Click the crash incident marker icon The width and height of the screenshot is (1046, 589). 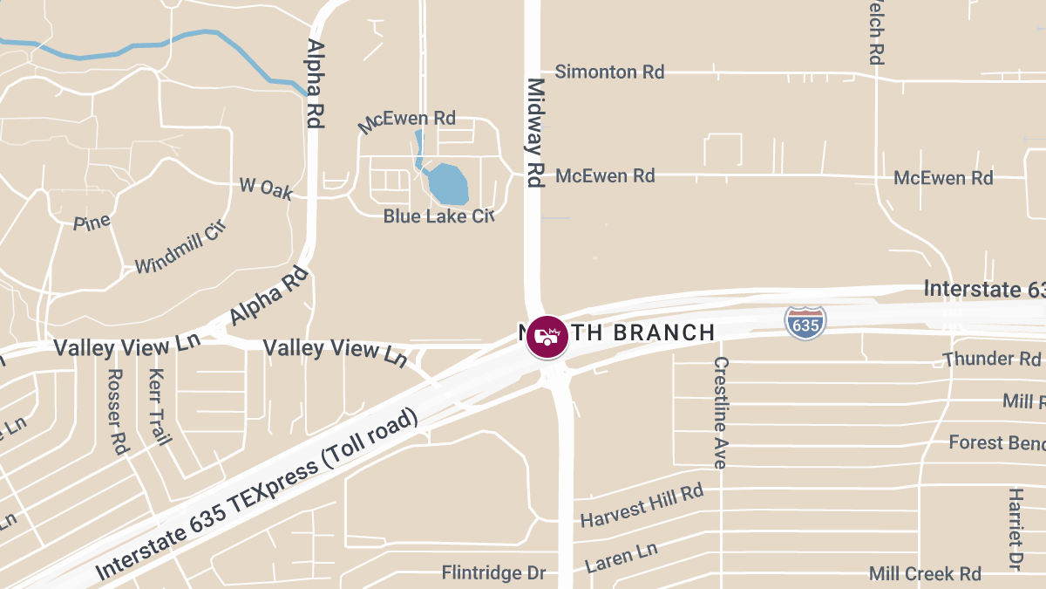[547, 337]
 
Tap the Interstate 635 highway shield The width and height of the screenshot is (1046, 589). [805, 322]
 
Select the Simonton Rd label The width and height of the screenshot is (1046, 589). [609, 72]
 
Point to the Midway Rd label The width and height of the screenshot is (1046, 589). [535, 133]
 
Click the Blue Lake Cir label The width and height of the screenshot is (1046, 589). [438, 216]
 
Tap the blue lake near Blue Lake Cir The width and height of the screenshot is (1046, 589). [447, 182]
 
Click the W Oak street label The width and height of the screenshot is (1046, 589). [266, 188]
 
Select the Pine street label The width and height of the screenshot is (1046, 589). [92, 223]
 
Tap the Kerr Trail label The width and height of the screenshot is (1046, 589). [158, 407]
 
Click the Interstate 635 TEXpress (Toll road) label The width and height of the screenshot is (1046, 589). [257, 495]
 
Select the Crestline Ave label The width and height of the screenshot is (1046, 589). [720, 412]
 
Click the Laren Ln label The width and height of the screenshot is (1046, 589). [621, 557]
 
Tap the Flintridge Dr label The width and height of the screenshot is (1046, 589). [493, 573]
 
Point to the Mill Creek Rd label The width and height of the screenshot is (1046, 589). [925, 573]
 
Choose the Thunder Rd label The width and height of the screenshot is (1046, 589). [992, 359]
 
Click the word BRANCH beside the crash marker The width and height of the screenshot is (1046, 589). [664, 332]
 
